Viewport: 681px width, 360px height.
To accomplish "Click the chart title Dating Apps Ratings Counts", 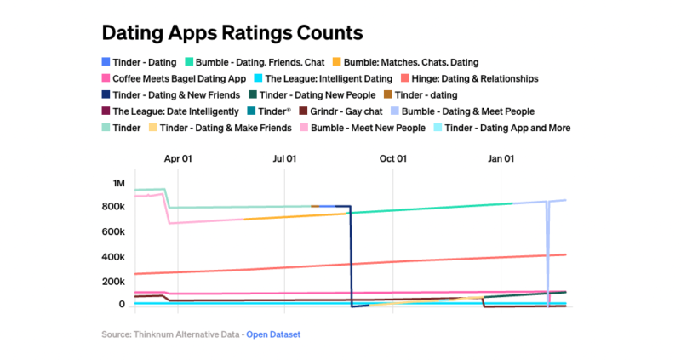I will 232,33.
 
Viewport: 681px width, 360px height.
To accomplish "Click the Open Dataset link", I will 273,334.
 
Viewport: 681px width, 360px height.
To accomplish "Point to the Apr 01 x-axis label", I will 178,158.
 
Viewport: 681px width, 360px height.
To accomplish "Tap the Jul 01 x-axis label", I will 284,158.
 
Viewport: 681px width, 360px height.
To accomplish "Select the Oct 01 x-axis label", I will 392,158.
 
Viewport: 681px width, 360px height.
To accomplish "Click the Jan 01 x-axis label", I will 501,158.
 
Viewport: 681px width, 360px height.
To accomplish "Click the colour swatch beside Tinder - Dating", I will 106,62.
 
